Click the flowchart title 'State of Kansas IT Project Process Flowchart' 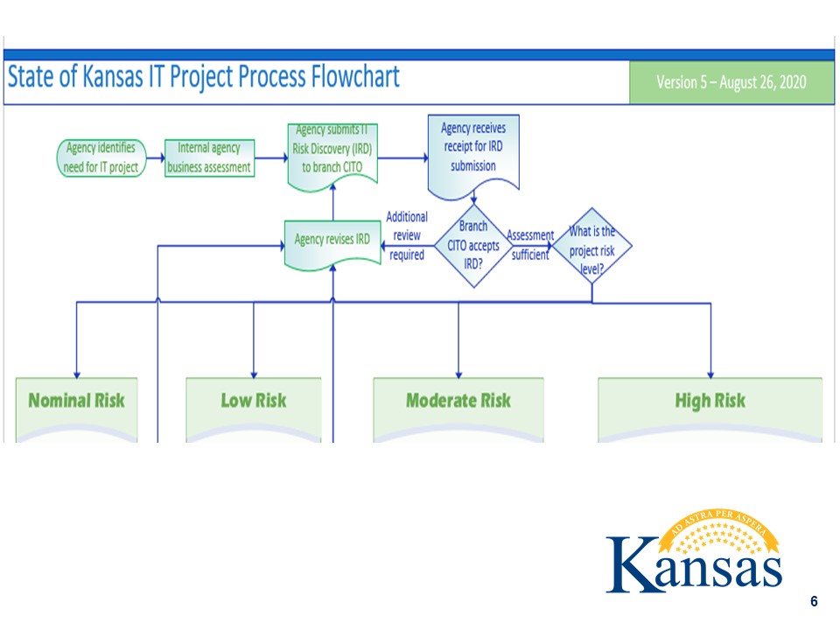pyautogui.click(x=203, y=78)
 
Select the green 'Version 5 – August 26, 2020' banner pyautogui.click(x=731, y=83)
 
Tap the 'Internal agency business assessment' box pyautogui.click(x=209, y=158)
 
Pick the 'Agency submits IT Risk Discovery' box pyautogui.click(x=332, y=151)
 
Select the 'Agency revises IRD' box pyautogui.click(x=332, y=239)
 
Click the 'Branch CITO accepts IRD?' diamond pyautogui.click(x=473, y=246)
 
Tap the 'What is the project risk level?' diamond pyautogui.click(x=592, y=246)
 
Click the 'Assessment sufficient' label pyautogui.click(x=530, y=245)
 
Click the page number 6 pyautogui.click(x=814, y=601)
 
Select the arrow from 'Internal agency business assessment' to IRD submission pyautogui.click(x=271, y=159)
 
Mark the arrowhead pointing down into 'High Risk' pyautogui.click(x=710, y=373)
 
